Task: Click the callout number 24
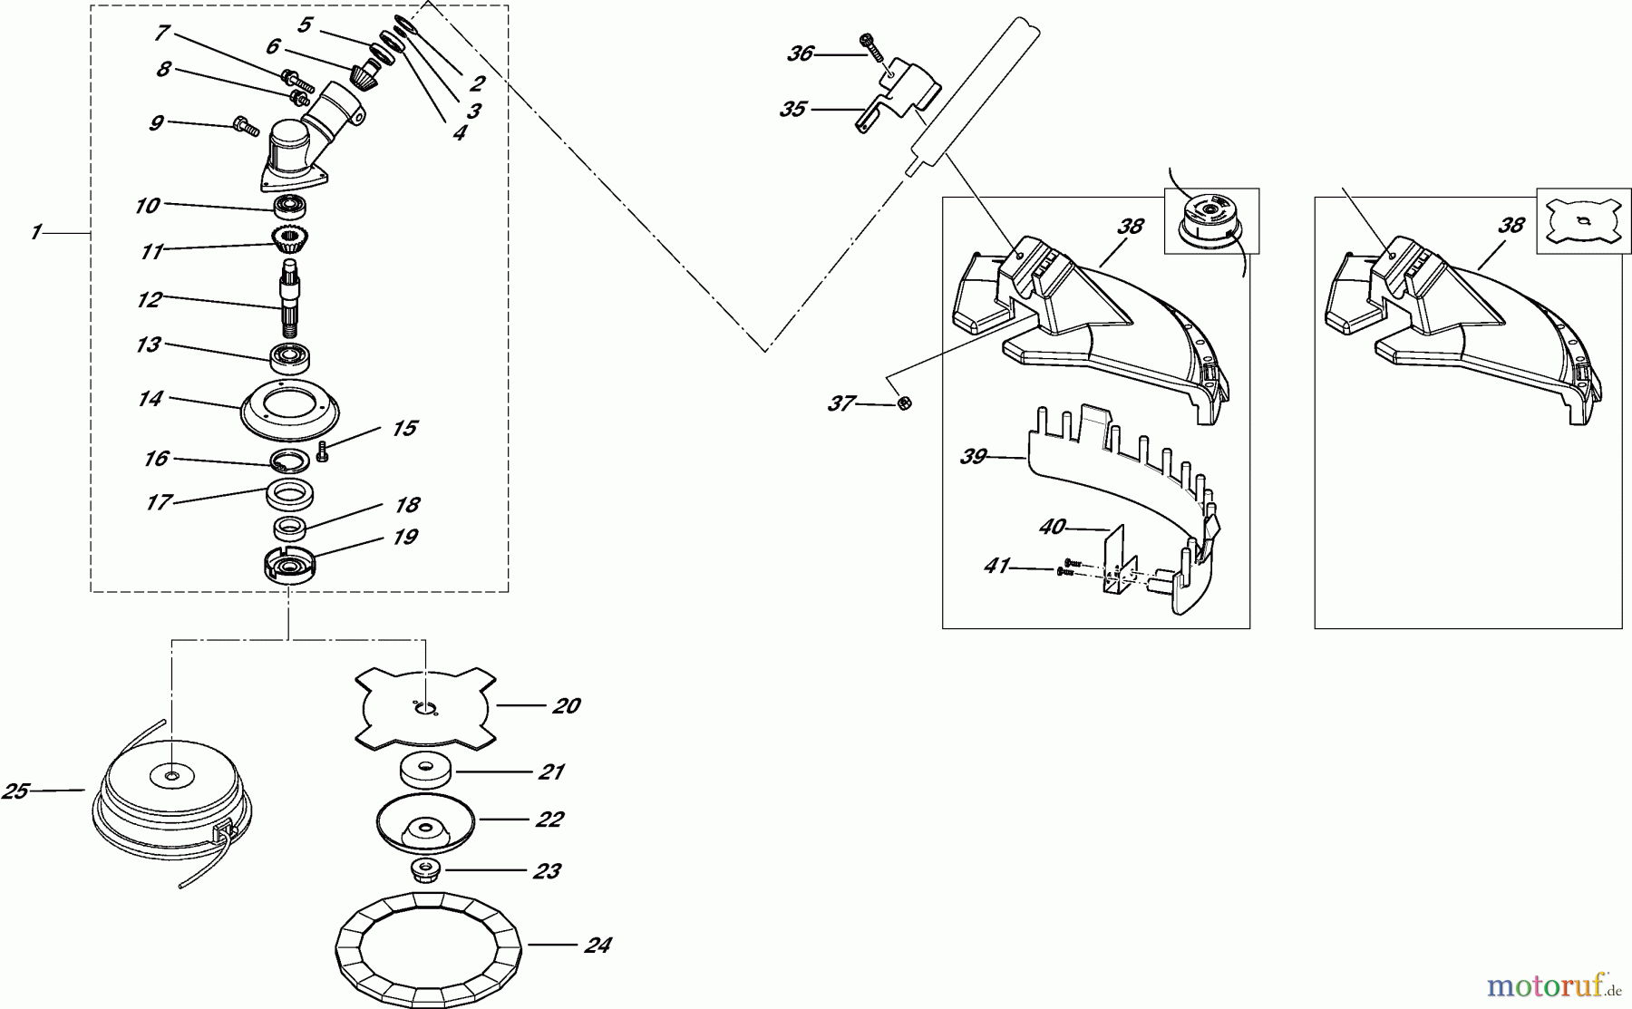(597, 946)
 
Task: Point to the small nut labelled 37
(903, 404)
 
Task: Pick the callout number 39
(973, 456)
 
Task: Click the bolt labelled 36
(872, 45)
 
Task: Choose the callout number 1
(34, 233)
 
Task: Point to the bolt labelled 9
(247, 127)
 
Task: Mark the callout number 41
(996, 566)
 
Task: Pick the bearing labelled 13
(292, 358)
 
